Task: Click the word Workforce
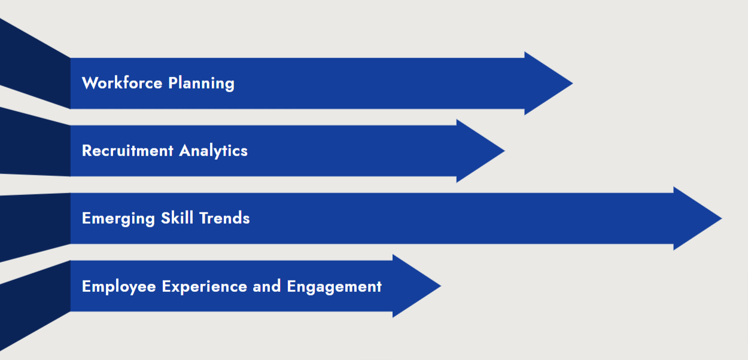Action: tap(122, 83)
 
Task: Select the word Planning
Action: tap(201, 83)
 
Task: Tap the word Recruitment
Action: tap(127, 151)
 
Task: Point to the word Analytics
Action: tap(213, 151)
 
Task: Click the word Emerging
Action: tap(118, 218)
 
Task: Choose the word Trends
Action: tap(224, 218)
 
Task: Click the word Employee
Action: tap(120, 286)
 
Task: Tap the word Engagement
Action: tap(334, 286)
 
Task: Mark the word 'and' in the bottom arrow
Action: tap(267, 286)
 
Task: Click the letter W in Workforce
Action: tap(89, 83)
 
